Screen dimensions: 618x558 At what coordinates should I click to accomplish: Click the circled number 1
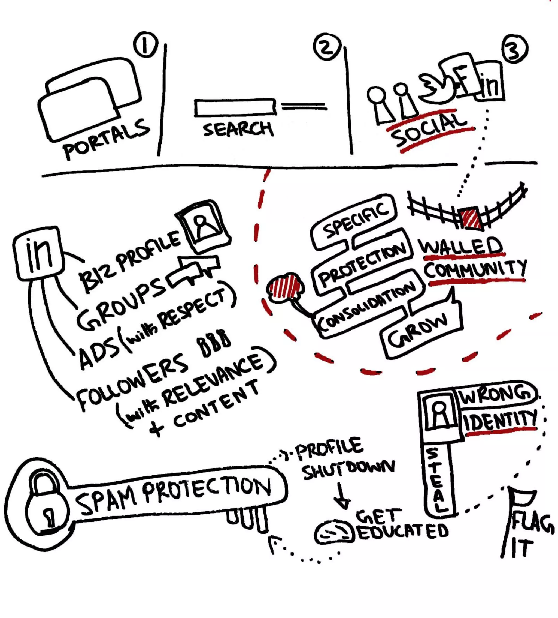tap(145, 45)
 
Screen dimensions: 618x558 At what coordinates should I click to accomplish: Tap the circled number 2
tap(327, 47)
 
